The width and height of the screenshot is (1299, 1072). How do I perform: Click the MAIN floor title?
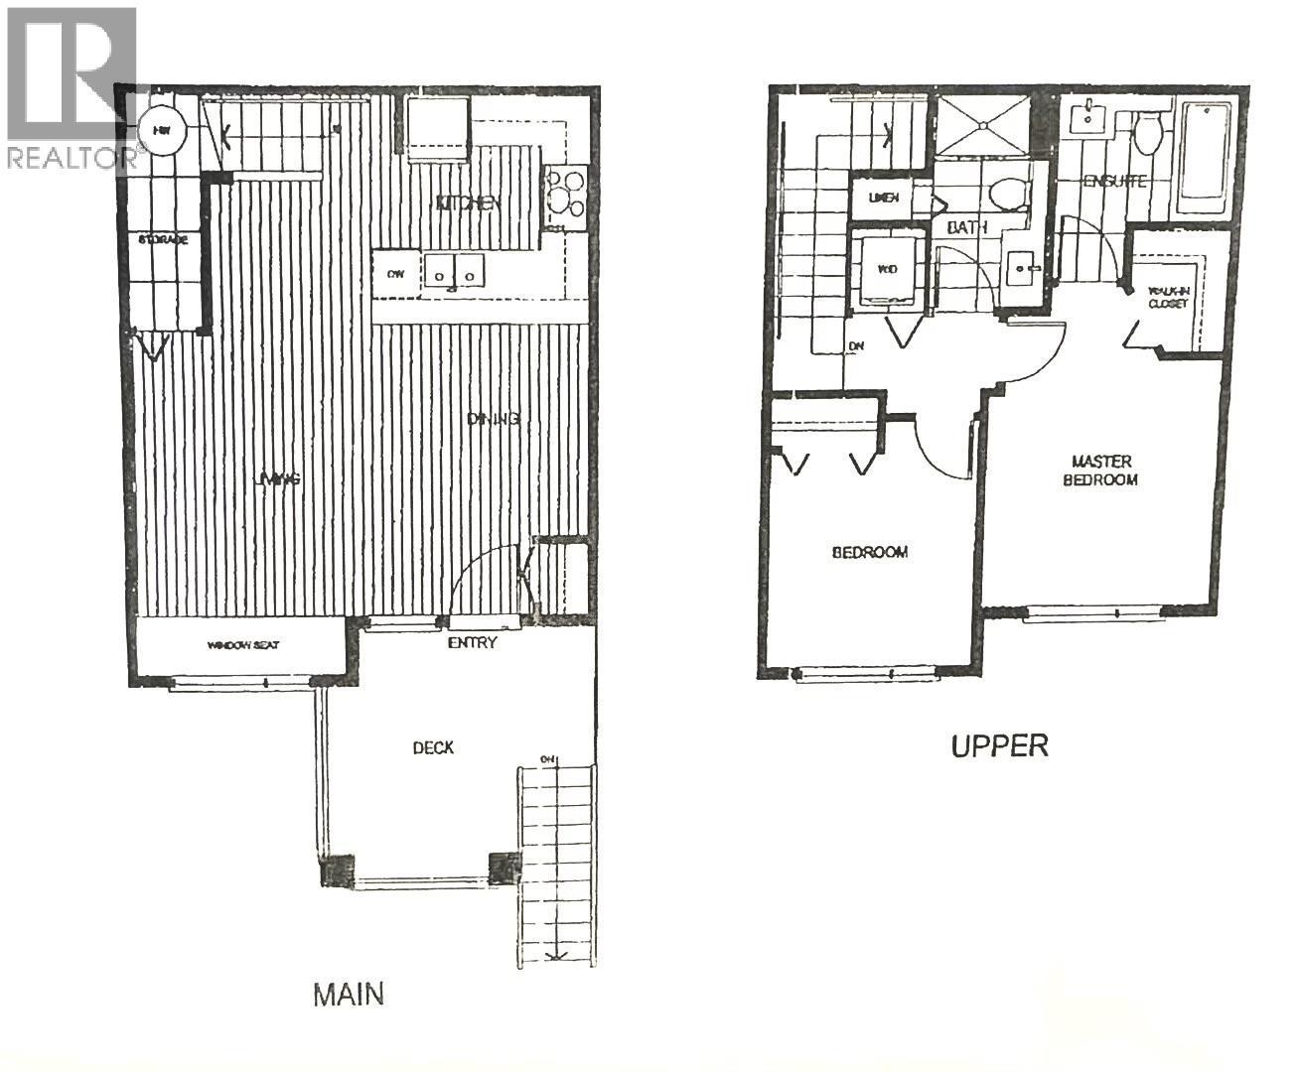point(348,994)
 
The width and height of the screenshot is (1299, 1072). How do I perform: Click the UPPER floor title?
point(999,745)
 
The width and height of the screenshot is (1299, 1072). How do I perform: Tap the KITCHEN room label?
point(467,203)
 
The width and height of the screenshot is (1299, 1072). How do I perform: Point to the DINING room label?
point(494,419)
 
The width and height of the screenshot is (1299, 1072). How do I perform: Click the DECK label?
point(433,747)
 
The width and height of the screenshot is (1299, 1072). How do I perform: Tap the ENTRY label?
point(472,643)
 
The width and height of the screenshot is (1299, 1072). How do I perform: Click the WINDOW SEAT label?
point(243,645)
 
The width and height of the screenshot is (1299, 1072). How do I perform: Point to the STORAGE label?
point(164,240)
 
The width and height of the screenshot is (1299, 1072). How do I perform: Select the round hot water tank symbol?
point(160,130)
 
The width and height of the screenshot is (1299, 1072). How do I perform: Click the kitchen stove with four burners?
point(564,195)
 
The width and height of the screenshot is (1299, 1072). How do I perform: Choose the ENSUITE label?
point(1114,182)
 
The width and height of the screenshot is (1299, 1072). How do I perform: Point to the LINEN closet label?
point(884,198)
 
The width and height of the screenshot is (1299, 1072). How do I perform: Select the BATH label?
point(966,227)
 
